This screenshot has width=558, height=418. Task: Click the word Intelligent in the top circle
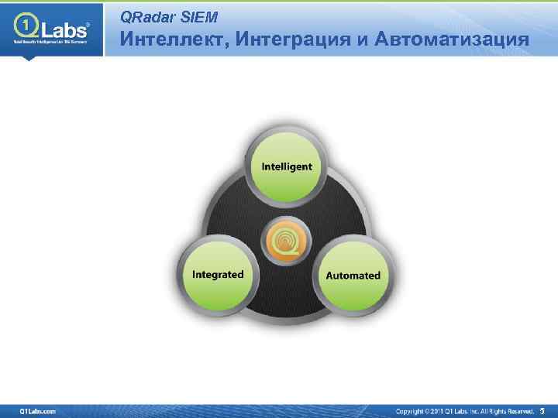(x=287, y=166)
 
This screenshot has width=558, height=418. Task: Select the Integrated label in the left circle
(x=218, y=275)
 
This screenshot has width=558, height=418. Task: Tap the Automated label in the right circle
(x=353, y=276)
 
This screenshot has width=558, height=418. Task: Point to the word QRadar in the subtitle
(x=147, y=16)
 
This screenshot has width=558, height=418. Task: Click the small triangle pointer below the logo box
(x=28, y=58)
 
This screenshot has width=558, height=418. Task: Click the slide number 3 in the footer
(x=542, y=410)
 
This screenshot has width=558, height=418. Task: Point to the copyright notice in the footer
(x=465, y=410)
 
